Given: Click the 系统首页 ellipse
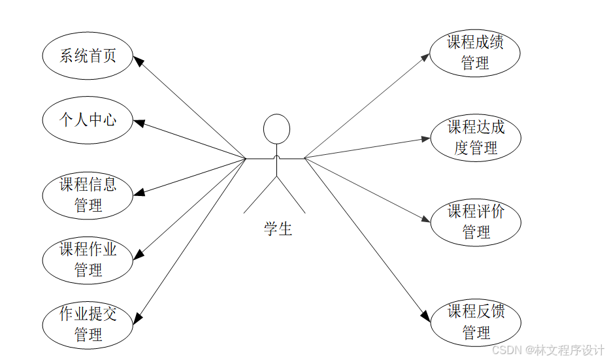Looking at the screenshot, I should point(88,56).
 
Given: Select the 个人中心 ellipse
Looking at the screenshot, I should point(88,120).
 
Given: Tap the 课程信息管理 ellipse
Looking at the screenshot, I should point(88,195).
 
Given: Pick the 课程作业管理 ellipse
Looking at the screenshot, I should point(88,259).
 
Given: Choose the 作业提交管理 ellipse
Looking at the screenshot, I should point(88,324).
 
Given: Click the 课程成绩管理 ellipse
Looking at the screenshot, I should point(475,53).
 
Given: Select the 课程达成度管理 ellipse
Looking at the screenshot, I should point(475,138).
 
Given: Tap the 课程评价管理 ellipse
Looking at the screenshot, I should point(475,221).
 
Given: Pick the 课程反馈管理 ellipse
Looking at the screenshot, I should point(475,321).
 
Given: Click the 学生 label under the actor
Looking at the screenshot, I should point(278,229).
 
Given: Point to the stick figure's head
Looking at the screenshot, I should point(276,129).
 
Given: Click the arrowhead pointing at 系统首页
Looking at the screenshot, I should point(139,60).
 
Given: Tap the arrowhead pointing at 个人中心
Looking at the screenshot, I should point(139,122).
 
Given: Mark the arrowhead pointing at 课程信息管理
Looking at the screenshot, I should point(139,193).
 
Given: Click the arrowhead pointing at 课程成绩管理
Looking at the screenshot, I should point(425,56).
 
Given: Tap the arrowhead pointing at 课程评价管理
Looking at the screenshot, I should point(425,220).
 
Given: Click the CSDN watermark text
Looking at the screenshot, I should point(548,350).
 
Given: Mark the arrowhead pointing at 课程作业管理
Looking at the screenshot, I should point(138,257).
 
